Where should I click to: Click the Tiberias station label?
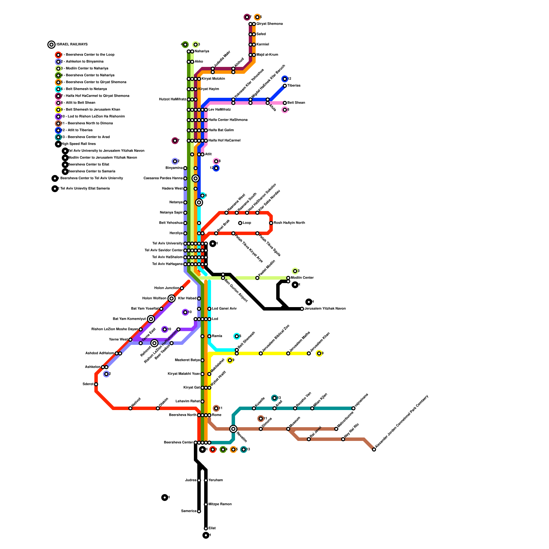coord(294,86)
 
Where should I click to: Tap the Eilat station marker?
coord(206,528)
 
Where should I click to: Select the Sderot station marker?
coord(96,384)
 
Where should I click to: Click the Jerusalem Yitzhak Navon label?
coord(325,309)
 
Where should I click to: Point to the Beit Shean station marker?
coord(285,103)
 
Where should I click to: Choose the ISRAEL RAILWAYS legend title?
coord(72,45)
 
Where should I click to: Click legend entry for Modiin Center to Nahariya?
coord(87,69)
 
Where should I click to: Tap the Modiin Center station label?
coord(302,278)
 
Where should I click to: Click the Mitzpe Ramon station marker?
coord(206,504)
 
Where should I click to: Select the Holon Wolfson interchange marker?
coord(172,299)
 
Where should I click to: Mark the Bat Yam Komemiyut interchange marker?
coord(151,319)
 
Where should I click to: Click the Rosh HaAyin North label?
coord(289,223)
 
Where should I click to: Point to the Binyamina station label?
coord(174,168)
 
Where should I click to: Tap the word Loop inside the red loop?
coord(247,223)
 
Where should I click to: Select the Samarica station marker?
coord(199,511)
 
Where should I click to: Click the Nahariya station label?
coord(202,51)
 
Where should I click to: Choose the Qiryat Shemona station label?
coord(269,24)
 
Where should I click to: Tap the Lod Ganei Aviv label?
coord(224,309)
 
